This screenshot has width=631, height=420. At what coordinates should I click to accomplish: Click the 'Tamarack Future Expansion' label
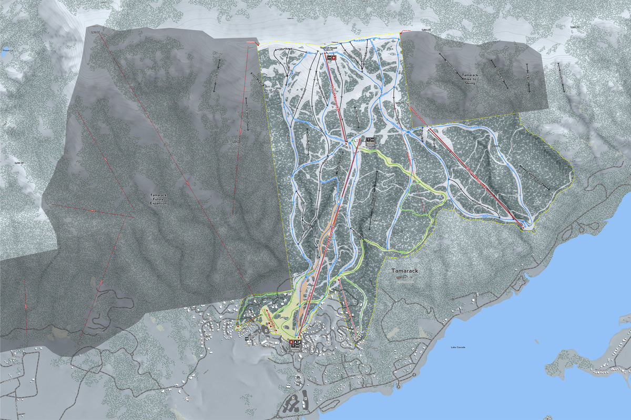tap(158, 198)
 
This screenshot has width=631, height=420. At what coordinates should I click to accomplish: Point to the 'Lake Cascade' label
tap(458, 347)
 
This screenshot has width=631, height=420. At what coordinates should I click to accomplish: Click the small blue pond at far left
tap(5, 54)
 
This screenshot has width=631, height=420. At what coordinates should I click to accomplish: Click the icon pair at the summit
tap(330, 58)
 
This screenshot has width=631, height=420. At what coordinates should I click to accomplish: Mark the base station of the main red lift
tap(297, 336)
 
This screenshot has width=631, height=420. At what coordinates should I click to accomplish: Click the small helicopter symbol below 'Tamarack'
tap(405, 282)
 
